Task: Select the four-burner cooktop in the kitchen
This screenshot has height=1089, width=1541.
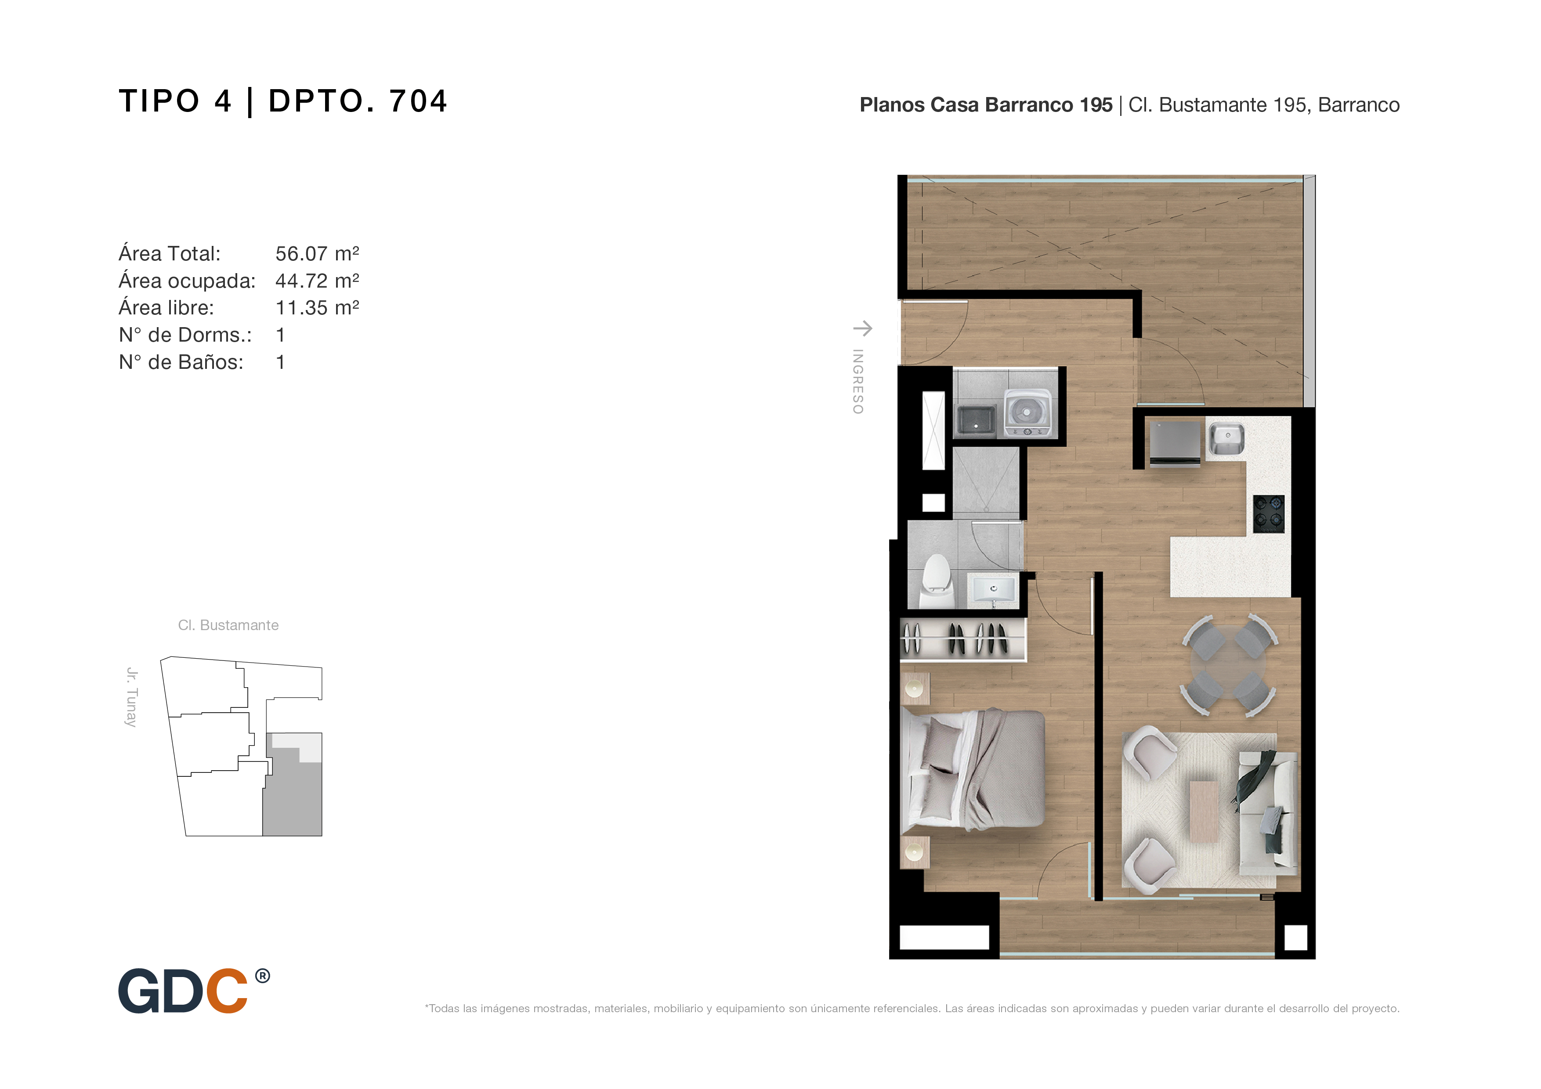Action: (1269, 514)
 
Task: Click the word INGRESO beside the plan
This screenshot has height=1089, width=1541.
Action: (858, 381)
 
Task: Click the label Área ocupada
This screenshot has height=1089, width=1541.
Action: (187, 281)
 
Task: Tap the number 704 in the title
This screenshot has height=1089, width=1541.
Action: (418, 101)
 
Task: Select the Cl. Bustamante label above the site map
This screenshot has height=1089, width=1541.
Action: (228, 625)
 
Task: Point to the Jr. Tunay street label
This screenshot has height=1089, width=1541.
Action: (131, 697)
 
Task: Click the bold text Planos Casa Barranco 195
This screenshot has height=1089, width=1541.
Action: (986, 105)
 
